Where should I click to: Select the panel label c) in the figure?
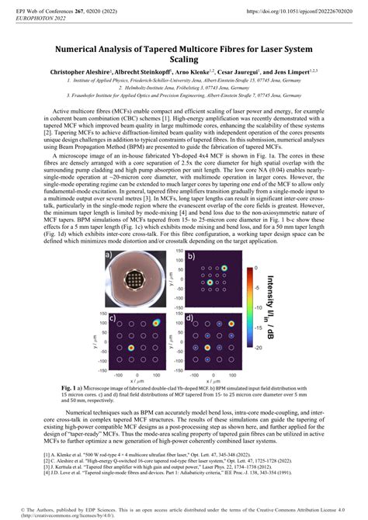click(113, 318)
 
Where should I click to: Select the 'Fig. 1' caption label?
click(71, 386)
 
